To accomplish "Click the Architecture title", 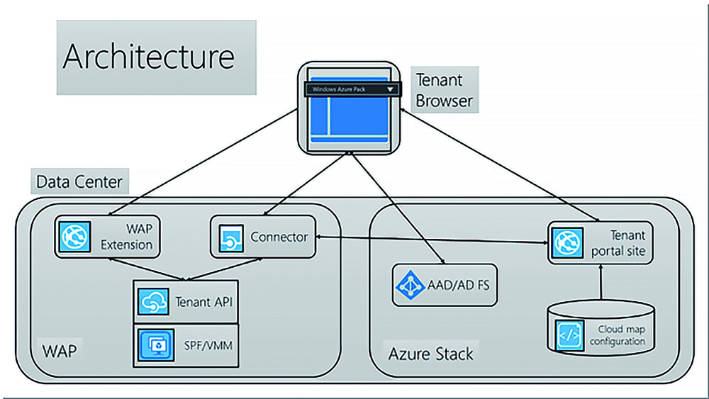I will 148,57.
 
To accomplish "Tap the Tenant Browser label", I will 444,90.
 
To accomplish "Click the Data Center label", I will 79,182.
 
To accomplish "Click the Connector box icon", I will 230,237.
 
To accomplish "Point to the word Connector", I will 279,237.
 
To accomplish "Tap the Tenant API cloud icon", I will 152,302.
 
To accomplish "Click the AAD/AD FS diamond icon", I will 410,285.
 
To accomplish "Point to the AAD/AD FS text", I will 458,286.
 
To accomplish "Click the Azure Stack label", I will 430,353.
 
